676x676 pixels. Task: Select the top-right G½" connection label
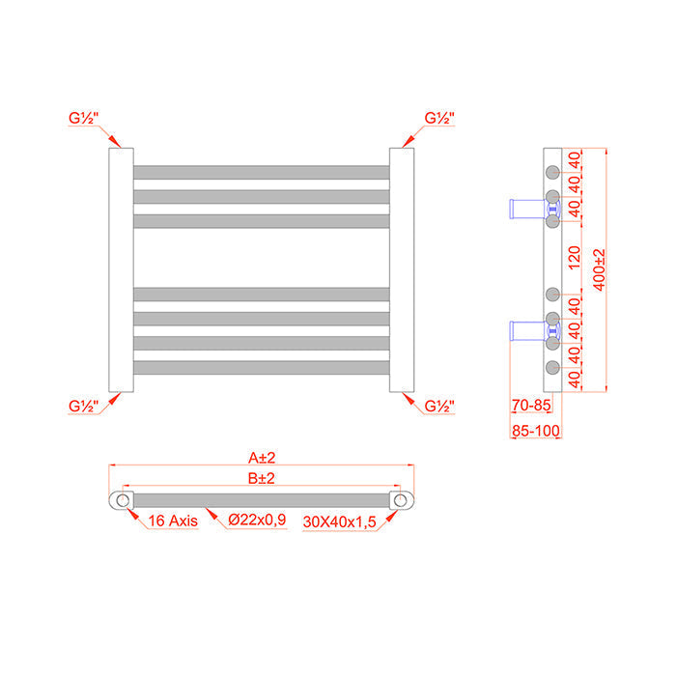(440, 118)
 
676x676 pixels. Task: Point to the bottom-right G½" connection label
(440, 406)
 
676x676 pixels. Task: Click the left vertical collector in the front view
(121, 270)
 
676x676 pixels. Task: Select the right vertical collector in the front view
(402, 270)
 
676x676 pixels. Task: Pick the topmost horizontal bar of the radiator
(261, 172)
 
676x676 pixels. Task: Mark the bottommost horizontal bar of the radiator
(261, 367)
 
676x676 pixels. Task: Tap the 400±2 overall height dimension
(599, 270)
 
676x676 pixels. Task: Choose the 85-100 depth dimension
(535, 430)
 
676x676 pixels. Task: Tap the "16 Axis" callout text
(173, 521)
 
